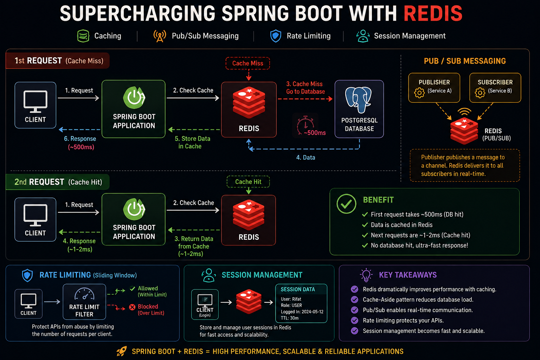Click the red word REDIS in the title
433,13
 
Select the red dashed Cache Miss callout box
247,63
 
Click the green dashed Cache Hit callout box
248,181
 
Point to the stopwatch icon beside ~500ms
305,125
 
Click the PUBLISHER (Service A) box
434,88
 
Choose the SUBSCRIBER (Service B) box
495,88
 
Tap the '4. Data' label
306,157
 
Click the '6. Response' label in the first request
80,139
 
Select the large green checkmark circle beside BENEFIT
346,204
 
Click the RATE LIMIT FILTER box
84,302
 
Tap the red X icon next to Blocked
132,307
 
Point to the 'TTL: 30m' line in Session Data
290,318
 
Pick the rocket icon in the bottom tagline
122,351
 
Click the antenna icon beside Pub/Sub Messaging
160,36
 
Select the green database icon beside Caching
83,36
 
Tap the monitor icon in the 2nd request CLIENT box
36,215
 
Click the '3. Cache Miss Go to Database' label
306,88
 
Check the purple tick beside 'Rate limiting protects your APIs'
354,320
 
